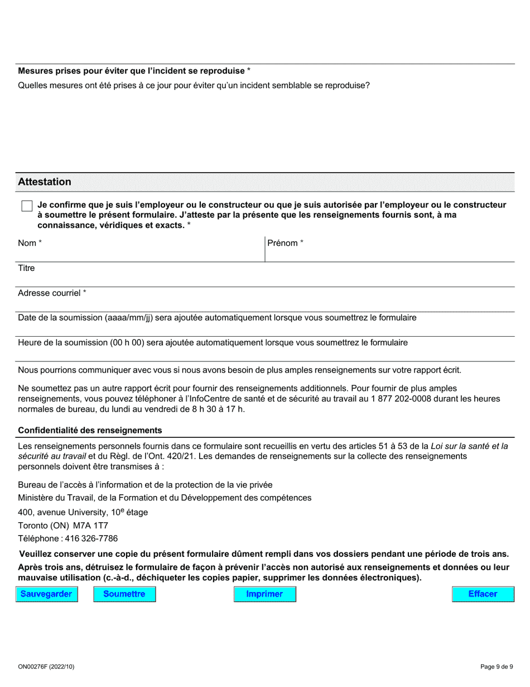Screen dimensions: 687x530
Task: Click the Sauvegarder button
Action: (46, 594)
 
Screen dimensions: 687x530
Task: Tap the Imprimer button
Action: (264, 594)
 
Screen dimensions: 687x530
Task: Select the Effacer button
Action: (483, 594)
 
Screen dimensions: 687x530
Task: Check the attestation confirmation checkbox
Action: (27, 206)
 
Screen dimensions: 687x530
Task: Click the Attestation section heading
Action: (45, 182)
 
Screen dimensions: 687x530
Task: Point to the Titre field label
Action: (26, 268)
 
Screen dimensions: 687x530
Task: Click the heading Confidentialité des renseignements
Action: (90, 431)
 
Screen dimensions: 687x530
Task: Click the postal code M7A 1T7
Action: (91, 526)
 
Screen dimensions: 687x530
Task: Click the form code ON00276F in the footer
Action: (34, 666)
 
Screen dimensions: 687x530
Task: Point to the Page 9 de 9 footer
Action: (496, 666)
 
